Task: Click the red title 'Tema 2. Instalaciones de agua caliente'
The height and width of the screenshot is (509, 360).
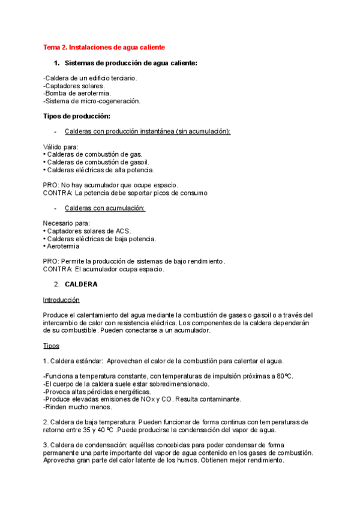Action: (x=104, y=47)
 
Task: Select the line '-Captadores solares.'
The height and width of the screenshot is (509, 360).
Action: (x=74, y=86)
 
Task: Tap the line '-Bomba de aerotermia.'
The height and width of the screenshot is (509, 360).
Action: (x=75, y=93)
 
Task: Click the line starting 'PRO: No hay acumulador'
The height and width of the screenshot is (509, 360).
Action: (x=110, y=185)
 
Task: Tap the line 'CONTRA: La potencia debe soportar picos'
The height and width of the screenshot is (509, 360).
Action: (x=125, y=193)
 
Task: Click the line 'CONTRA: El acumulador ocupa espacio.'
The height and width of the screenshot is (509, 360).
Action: (x=104, y=270)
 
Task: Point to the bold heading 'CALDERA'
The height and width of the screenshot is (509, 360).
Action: (x=81, y=284)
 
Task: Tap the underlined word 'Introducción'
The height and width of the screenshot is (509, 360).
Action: (x=61, y=300)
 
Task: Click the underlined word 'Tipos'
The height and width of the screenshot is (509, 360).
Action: (x=51, y=346)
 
